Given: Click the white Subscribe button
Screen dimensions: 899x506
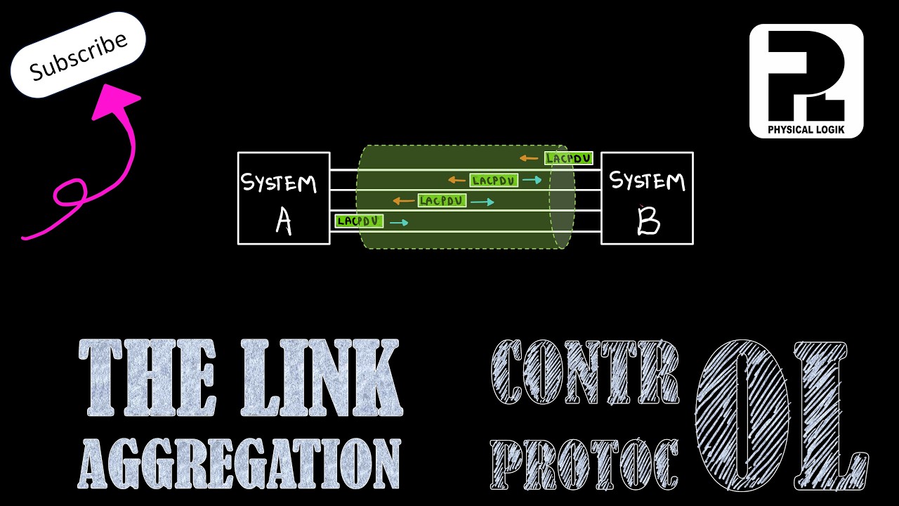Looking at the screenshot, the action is (78, 55).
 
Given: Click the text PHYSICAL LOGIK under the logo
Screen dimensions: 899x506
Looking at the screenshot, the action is (806, 129).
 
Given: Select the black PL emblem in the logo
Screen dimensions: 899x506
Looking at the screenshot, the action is (806, 75).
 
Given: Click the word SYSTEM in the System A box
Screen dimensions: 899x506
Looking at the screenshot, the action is (279, 183).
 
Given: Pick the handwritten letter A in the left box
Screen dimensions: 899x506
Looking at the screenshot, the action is (284, 222).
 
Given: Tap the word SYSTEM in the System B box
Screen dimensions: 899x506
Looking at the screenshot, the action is (647, 181).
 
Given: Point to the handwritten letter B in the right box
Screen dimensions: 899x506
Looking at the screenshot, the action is (648, 220).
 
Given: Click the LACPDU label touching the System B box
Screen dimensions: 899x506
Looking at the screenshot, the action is (569, 158).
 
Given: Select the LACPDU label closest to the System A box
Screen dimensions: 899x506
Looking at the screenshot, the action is (359, 221).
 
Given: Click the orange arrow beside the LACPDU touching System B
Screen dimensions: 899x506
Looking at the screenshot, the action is (529, 158).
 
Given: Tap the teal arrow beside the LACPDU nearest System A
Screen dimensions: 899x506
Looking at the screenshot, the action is (399, 223).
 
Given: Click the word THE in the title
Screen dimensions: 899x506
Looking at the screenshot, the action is (147, 377).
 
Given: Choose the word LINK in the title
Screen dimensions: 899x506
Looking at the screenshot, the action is (321, 377).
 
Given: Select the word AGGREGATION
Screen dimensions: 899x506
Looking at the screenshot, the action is (239, 463).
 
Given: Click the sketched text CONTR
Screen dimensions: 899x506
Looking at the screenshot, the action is (585, 372).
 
